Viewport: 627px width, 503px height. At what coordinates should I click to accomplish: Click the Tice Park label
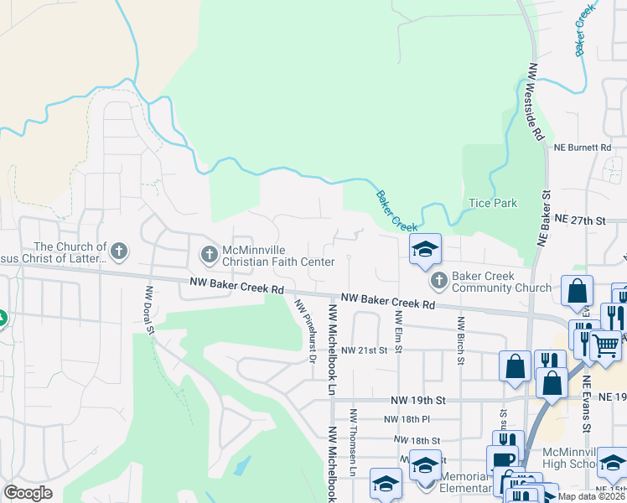click(x=493, y=203)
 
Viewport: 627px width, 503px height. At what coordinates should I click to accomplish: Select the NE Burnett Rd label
click(x=583, y=147)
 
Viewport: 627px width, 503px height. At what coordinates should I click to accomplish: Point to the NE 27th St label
click(x=580, y=220)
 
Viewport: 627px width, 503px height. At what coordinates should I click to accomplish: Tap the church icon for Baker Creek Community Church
click(x=438, y=279)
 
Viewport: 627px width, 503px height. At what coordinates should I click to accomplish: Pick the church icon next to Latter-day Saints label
click(x=119, y=251)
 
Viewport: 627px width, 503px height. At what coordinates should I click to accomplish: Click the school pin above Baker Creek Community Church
click(x=425, y=248)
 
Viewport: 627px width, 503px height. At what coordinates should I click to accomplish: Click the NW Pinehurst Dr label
click(x=303, y=332)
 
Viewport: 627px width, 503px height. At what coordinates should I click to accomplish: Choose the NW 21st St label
click(x=366, y=350)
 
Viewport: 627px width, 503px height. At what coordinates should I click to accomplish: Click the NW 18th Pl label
click(x=407, y=419)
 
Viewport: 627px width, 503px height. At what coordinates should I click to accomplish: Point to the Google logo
click(x=28, y=493)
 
